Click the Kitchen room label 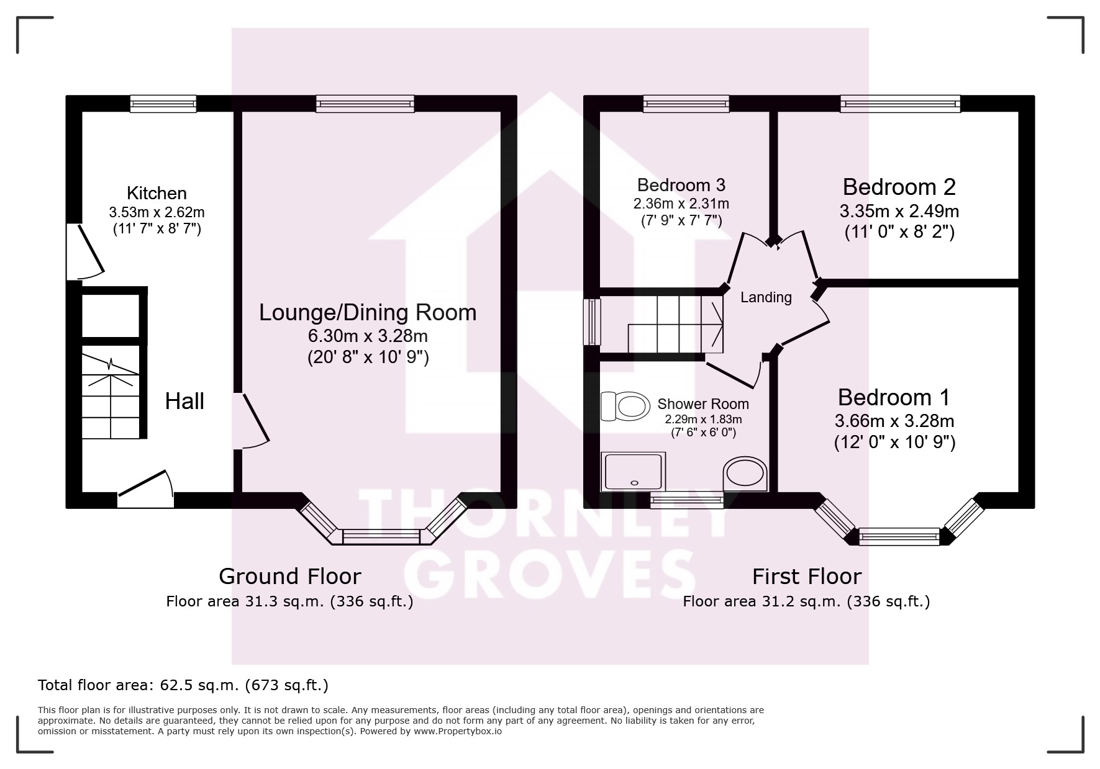(x=157, y=193)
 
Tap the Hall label (x=184, y=401)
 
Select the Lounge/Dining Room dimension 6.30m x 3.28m (x=368, y=336)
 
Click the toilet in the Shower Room (x=624, y=407)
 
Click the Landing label (x=766, y=297)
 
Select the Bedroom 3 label (x=681, y=185)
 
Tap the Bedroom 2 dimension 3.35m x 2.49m (x=899, y=211)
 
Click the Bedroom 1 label (x=894, y=397)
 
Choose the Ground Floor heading (x=290, y=577)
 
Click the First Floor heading (x=807, y=577)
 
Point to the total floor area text (x=183, y=685)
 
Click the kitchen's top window (x=163, y=104)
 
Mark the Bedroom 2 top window (x=900, y=104)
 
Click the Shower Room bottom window (x=687, y=500)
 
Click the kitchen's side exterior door (x=85, y=251)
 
